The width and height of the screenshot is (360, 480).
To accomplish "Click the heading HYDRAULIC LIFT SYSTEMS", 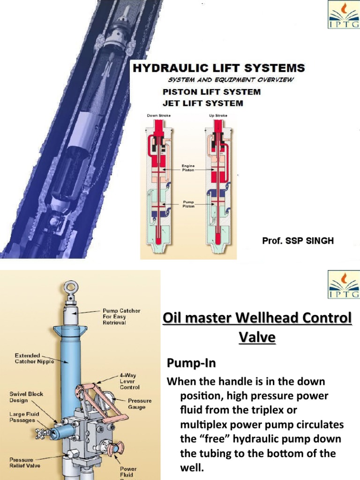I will coord(218,68).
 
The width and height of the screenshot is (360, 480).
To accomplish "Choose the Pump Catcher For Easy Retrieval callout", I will coord(121,316).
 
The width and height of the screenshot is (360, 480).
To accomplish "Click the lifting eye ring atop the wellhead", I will coord(71,286).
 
